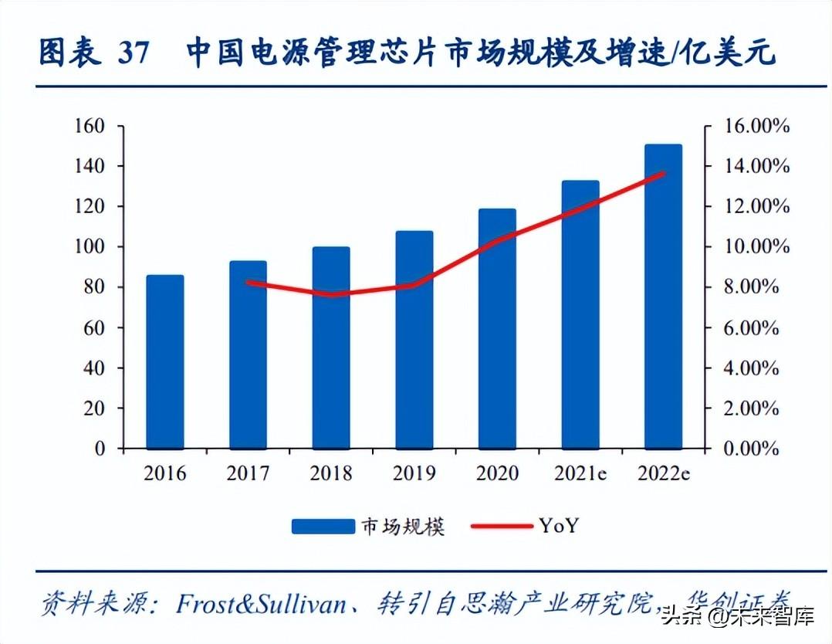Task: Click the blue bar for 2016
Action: pyautogui.click(x=165, y=361)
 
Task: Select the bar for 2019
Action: pyautogui.click(x=414, y=340)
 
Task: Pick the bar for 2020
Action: pyautogui.click(x=498, y=328)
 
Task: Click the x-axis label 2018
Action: pyautogui.click(x=331, y=473)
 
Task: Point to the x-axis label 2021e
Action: pyautogui.click(x=580, y=473)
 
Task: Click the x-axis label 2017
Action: pyautogui.click(x=248, y=473)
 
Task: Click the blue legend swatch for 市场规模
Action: pyautogui.click(x=322, y=527)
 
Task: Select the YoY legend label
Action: pyautogui.click(x=559, y=526)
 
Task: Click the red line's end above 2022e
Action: pyautogui.click(x=664, y=173)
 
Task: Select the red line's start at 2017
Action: pyautogui.click(x=248, y=283)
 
